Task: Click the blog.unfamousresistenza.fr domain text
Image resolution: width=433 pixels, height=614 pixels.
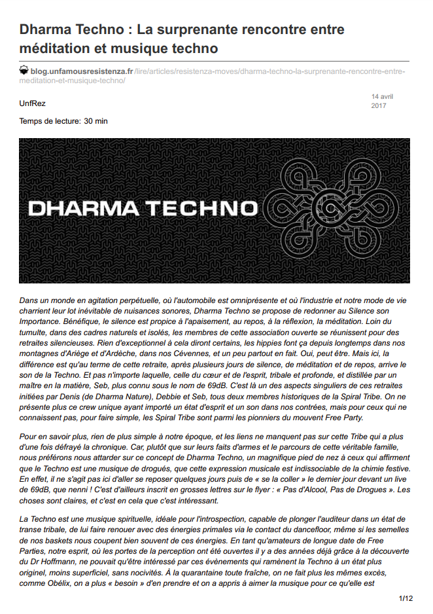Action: tap(82, 70)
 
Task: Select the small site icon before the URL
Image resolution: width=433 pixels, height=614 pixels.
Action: tap(24, 70)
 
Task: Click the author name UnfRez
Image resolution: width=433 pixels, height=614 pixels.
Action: tap(32, 103)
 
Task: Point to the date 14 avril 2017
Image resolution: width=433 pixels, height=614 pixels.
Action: tap(382, 101)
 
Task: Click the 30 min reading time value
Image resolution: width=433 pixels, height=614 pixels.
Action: tap(95, 120)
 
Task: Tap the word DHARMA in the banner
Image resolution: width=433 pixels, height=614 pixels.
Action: tap(82, 209)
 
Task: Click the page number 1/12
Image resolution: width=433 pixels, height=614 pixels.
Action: tap(406, 598)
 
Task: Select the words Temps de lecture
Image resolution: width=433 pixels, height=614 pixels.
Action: tap(50, 120)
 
